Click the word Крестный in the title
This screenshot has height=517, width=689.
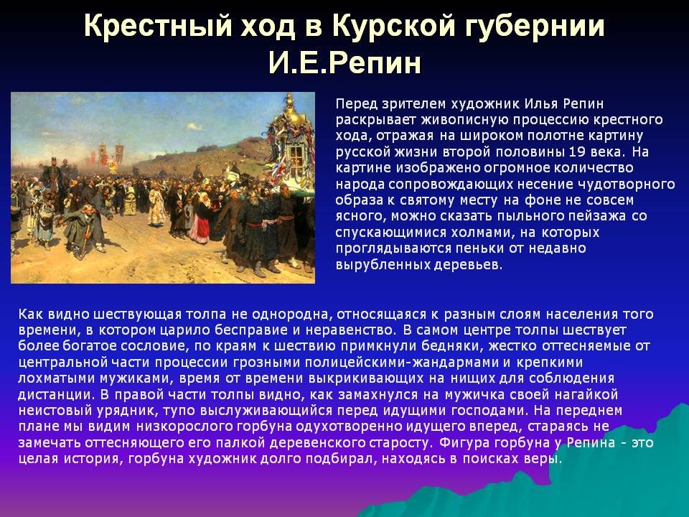[158, 26]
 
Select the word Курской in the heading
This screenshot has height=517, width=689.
[393, 27]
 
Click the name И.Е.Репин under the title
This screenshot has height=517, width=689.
[344, 62]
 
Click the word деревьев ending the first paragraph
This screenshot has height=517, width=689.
[468, 265]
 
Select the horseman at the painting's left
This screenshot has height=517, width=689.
[52, 177]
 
